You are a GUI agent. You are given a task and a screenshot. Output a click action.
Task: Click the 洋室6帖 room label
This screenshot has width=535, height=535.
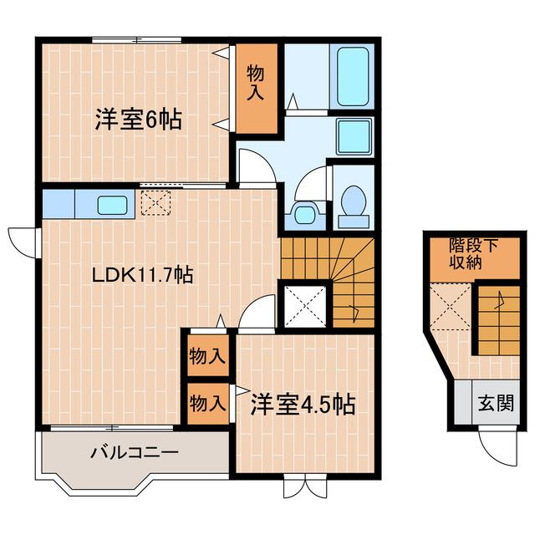pyautogui.click(x=137, y=120)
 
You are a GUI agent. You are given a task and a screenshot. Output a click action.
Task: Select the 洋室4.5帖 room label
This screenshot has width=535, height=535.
pyautogui.click(x=303, y=405)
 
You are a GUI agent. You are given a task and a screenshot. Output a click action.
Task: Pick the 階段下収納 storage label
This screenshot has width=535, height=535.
pyautogui.click(x=472, y=254)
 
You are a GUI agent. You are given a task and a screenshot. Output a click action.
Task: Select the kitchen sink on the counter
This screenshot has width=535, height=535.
pyautogui.click(x=111, y=204)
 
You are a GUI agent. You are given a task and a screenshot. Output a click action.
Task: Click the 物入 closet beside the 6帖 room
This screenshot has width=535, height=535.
pyautogui.click(x=256, y=83)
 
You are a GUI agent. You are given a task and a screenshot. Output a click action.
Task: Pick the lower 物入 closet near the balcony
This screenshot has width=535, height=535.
pyautogui.click(x=206, y=404)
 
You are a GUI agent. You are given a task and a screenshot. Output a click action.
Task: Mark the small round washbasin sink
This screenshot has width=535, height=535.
pyautogui.click(x=303, y=214)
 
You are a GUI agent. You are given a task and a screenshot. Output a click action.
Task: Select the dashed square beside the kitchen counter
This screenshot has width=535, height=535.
pyautogui.click(x=155, y=202)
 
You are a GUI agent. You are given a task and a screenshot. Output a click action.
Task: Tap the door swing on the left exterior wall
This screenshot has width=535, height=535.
pyautogui.click(x=22, y=240)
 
